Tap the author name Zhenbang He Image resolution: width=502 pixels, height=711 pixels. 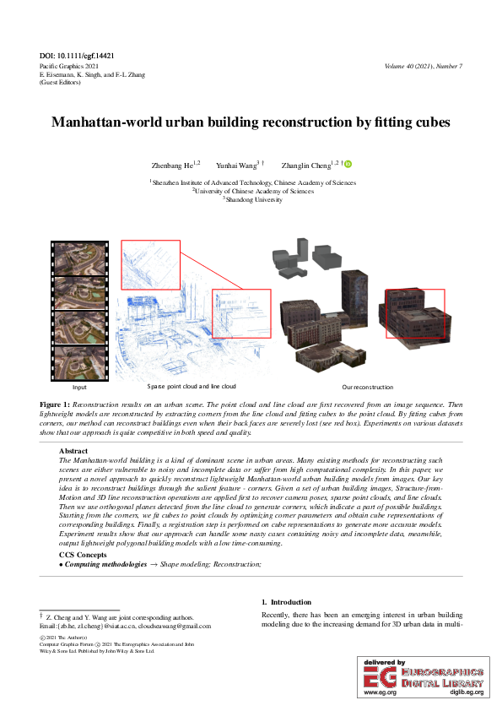pyautogui.click(x=175, y=165)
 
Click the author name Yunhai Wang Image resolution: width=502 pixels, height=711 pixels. pyautogui.click(x=237, y=165)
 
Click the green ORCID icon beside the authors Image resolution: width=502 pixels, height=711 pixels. pyautogui.click(x=347, y=165)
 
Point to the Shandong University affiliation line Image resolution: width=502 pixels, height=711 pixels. pyautogui.click(x=252, y=200)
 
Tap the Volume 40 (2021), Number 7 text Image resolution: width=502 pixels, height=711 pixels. pyautogui.click(x=423, y=66)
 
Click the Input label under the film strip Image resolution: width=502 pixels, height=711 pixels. pyautogui.click(x=80, y=387)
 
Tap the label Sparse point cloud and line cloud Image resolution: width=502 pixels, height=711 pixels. pyautogui.click(x=192, y=386)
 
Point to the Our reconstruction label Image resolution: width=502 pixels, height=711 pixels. pyautogui.click(x=368, y=387)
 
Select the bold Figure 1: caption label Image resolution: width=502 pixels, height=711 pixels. pyautogui.click(x=55, y=405)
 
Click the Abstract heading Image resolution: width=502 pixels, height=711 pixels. pyautogui.click(x=73, y=452)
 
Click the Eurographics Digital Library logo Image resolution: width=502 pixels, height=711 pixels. pyautogui.click(x=423, y=676)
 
